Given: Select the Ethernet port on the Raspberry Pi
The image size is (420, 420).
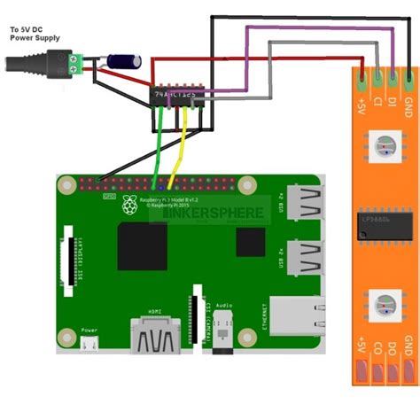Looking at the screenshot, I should coord(297,315).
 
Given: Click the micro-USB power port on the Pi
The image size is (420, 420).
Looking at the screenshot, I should coord(89,346).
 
